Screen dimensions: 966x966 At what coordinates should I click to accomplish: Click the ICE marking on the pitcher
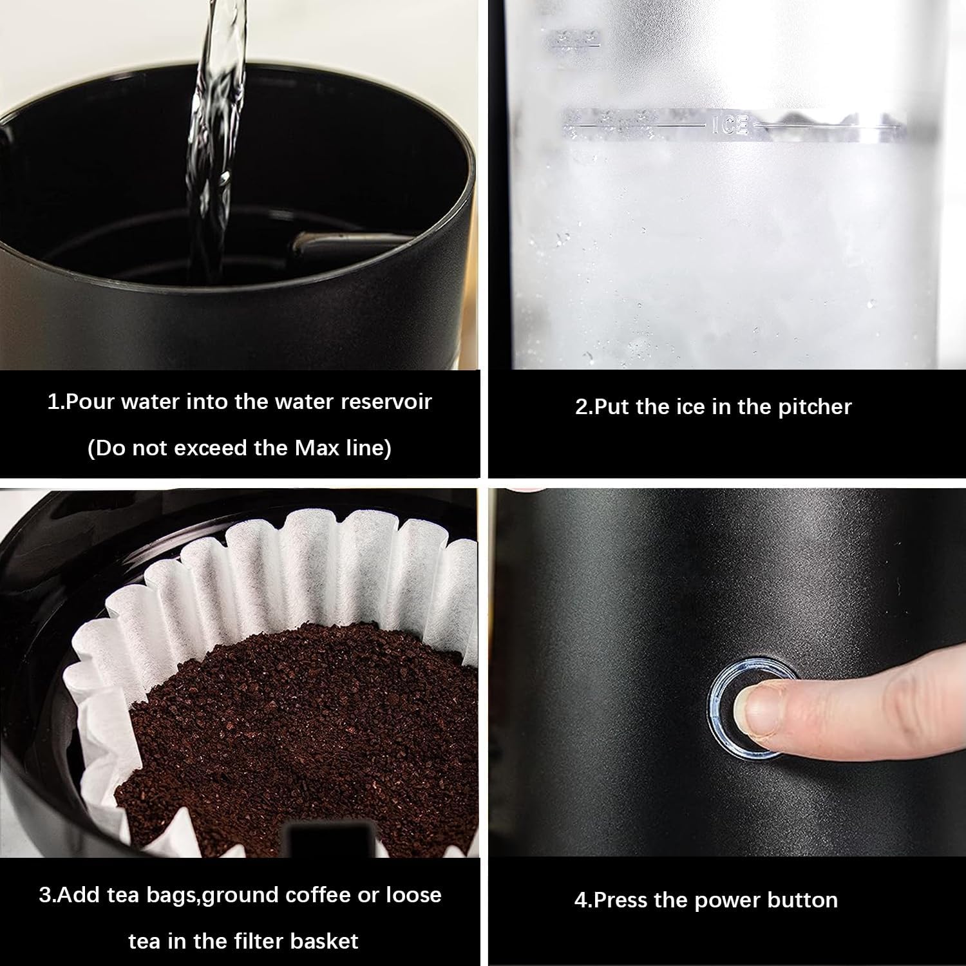point(730,124)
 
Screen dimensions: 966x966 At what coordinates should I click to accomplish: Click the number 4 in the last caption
point(580,900)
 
